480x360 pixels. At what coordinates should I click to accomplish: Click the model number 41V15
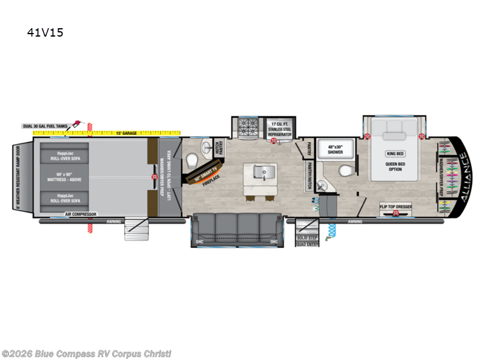click(x=46, y=32)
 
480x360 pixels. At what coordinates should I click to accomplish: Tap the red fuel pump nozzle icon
click(x=78, y=124)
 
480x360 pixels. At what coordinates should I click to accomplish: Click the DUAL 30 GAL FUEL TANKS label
click(x=46, y=126)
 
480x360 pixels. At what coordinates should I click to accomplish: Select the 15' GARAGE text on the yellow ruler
click(x=126, y=133)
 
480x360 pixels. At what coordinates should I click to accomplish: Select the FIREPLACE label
click(x=212, y=178)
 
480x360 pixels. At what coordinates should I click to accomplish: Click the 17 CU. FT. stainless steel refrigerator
click(x=280, y=128)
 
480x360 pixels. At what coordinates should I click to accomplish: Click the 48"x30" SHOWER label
click(x=336, y=150)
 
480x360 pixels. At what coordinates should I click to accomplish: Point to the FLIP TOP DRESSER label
click(x=395, y=207)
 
